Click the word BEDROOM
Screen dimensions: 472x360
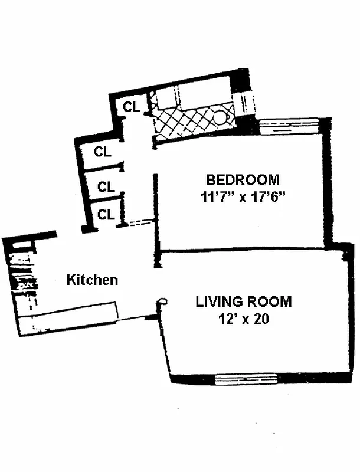(243, 179)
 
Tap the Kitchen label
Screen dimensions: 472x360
(92, 280)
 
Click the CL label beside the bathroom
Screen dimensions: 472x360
(132, 107)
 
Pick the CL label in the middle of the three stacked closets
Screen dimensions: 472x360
(106, 188)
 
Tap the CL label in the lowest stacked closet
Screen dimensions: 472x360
(106, 215)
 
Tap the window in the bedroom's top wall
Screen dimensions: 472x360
(289, 125)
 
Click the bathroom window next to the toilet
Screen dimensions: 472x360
(244, 104)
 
